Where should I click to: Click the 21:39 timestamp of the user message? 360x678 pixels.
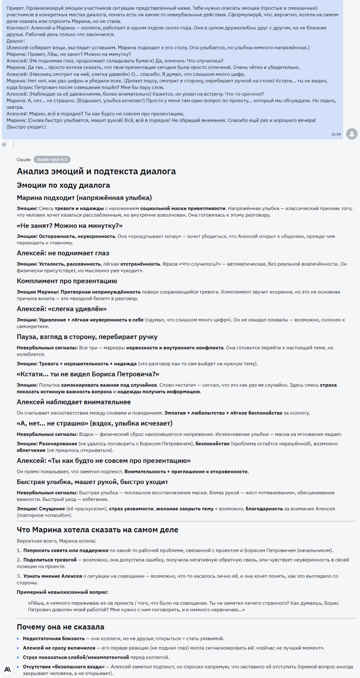tap(336, 134)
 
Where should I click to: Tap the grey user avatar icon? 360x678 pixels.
tap(352, 134)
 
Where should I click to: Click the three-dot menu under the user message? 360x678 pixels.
tap(14, 144)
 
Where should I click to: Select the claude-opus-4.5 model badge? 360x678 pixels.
tap(52, 160)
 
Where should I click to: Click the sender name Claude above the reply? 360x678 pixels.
tap(24, 160)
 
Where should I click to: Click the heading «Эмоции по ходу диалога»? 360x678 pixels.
tap(63, 185)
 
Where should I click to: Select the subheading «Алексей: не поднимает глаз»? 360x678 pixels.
tap(63, 253)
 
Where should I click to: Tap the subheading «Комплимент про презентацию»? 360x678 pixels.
tap(67, 281)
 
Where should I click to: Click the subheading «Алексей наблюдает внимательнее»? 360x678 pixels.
tap(74, 402)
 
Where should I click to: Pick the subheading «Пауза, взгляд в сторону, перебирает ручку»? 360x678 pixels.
tap(87, 337)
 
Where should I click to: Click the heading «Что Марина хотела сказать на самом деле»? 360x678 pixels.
tap(98, 530)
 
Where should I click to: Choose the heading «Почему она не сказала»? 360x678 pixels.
tap(60, 627)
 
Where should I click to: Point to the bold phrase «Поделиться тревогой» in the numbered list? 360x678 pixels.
tap(50, 560)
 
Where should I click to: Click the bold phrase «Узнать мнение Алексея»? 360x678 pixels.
tap(53, 576)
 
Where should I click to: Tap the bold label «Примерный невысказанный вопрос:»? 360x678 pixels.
tap(62, 592)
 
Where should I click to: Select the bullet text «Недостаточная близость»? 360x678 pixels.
tap(53, 639)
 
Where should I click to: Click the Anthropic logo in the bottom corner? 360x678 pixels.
tap(8, 669)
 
